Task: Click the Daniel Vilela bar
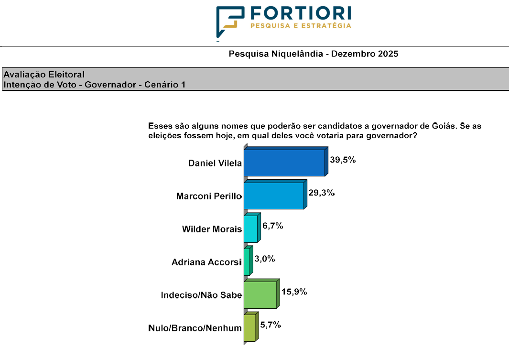click(x=284, y=163)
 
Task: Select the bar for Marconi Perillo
click(x=274, y=196)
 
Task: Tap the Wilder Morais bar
click(x=250, y=229)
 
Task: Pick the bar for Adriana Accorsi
click(x=247, y=262)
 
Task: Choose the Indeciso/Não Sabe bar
click(x=260, y=295)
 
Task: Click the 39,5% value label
click(x=343, y=160)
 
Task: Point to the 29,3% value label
click(x=321, y=193)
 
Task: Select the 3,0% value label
click(x=265, y=259)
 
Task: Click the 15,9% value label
click(x=294, y=292)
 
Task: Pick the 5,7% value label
click(x=271, y=325)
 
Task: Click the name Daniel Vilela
click(x=215, y=163)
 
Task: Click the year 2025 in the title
click(x=388, y=54)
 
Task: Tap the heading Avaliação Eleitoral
click(x=44, y=75)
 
